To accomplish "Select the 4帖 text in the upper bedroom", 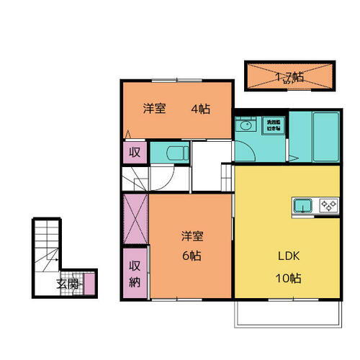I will coord(200,109).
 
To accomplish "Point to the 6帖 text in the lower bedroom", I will coord(191,256).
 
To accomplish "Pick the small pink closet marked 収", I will coord(134,153).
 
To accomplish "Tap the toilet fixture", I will coord(176,153).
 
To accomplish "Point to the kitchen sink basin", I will coord(303,206).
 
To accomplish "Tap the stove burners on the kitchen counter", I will coord(329,206).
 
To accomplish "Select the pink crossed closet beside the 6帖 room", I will coord(135,219).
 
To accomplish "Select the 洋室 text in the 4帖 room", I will coord(154,109).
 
